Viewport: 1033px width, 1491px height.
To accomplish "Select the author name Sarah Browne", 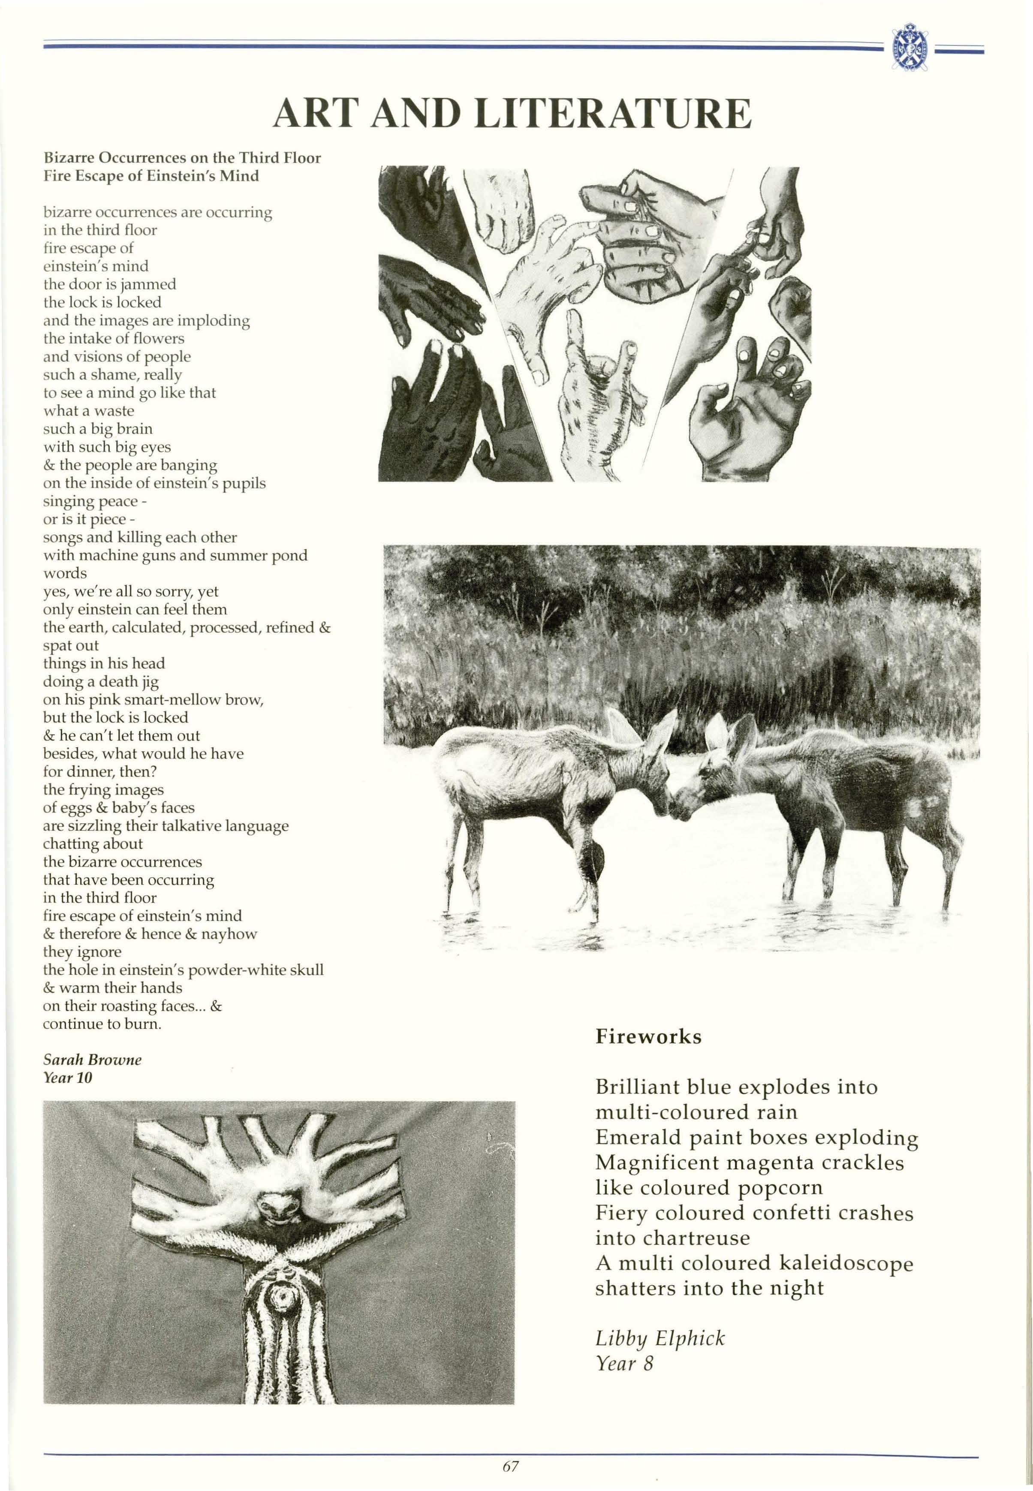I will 92,1059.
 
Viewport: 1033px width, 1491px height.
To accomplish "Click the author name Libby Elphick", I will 660,1337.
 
